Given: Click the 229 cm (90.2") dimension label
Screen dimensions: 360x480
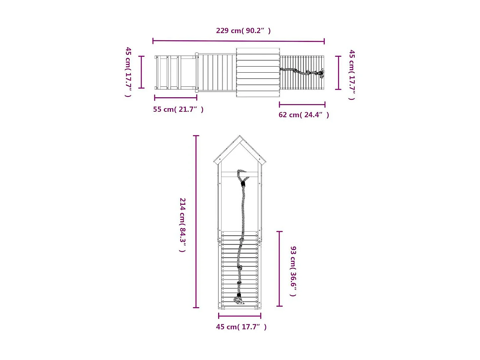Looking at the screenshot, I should pos(243,31).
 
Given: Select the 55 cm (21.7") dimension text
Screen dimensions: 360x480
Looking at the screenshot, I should pos(178,109).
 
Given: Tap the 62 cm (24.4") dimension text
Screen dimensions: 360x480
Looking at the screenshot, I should pos(303,115).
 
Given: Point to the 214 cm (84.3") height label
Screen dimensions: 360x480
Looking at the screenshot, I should pos(182,225).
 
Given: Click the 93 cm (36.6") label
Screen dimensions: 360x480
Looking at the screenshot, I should pos(293,271).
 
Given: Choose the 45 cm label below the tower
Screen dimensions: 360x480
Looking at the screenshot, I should pos(241,327).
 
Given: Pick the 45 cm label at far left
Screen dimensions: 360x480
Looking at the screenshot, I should pos(128,72).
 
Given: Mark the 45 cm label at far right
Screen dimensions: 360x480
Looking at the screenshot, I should pos(352,75).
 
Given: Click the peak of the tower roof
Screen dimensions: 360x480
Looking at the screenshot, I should pos(240,136).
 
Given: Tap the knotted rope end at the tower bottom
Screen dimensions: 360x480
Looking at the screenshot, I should pos(239,300).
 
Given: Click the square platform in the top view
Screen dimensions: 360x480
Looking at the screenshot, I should pos(258,72).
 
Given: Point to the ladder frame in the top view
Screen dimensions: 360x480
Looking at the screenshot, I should pos(175,73).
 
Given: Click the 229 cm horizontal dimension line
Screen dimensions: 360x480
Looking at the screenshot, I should pos(238,41).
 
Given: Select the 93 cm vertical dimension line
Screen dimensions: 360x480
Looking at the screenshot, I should pos(279,268).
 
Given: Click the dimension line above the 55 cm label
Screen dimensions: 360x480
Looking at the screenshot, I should pos(175,98).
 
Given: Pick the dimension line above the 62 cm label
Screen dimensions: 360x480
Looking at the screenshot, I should pos(302,104).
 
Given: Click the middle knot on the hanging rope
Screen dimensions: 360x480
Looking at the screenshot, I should pos(240,267).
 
